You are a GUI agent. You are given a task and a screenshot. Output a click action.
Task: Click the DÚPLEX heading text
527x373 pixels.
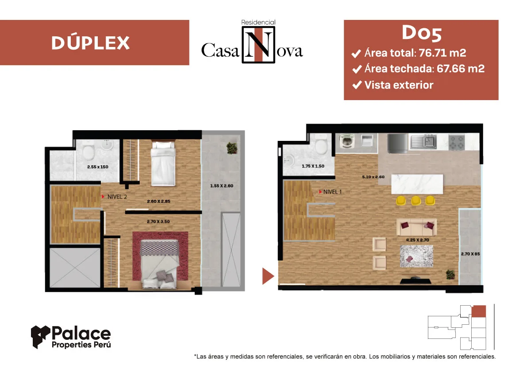pos(90,43)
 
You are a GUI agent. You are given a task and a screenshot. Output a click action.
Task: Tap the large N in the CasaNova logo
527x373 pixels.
pos(258,45)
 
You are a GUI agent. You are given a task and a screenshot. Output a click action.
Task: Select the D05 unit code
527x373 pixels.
pos(422,33)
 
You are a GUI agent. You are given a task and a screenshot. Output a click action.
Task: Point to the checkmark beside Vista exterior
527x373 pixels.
pos(357,85)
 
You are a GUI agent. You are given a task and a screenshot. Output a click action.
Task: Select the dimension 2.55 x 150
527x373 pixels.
pos(98,167)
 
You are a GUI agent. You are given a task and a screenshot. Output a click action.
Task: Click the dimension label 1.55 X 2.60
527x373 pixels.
pos(222,186)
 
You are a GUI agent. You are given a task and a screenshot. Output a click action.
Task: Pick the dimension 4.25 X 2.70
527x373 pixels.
pos(417,240)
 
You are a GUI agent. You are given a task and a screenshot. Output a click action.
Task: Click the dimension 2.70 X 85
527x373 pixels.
pos(470,254)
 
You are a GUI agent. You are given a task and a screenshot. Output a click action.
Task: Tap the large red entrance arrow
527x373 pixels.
pos(268,276)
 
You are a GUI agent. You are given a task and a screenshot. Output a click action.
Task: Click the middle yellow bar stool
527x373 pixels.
pos(416,201)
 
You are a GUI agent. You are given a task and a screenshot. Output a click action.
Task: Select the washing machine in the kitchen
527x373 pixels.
pos(347,141)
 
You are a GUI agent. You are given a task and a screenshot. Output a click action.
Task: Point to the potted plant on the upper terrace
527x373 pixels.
pos(232,148)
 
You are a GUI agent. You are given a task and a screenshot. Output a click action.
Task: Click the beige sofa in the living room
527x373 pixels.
pos(416,227)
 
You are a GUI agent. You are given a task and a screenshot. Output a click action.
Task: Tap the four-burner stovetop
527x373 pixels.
pos(456,142)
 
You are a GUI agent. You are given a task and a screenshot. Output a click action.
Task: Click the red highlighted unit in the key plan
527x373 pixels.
pos(479,311)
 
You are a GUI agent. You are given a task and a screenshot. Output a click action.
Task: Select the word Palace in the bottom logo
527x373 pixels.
pos(81,333)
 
